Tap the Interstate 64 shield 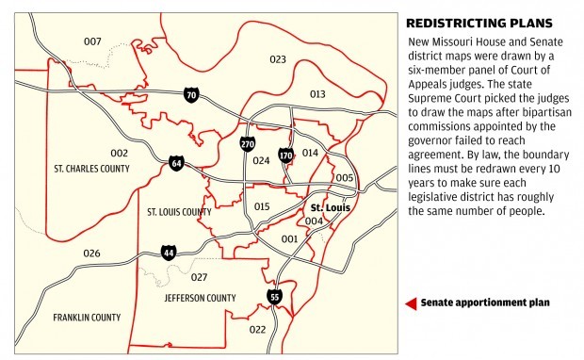176,163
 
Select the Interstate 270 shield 248,144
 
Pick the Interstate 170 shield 286,155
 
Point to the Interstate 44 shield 169,252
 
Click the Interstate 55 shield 275,297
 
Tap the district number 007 92,41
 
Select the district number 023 277,59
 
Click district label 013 316,94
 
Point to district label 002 119,152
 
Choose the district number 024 262,160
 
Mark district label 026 91,254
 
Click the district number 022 258,329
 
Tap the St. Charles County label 93,169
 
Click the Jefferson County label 200,298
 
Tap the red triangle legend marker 410,303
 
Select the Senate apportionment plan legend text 484,303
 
